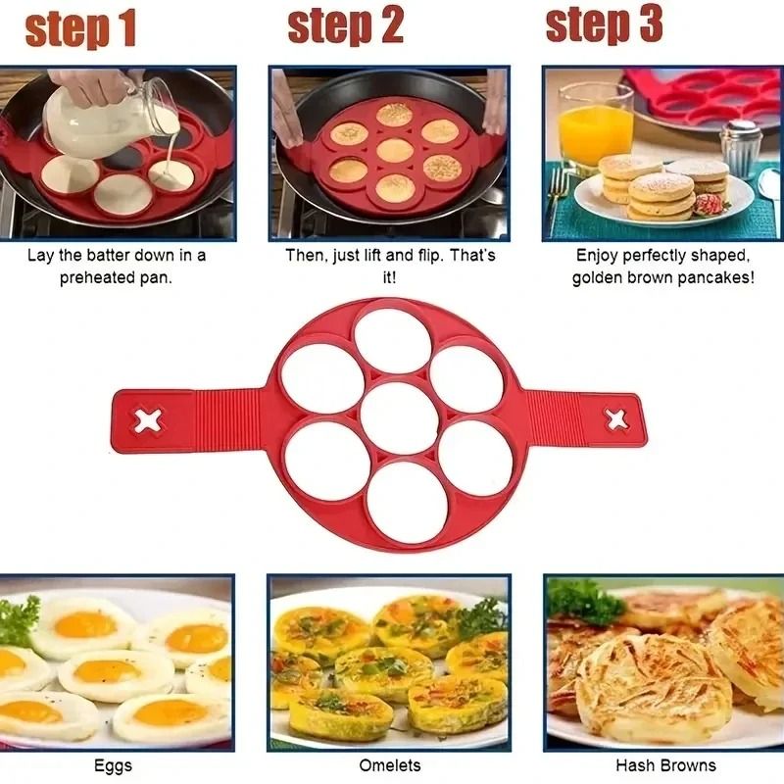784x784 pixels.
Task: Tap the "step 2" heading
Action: pos(345,27)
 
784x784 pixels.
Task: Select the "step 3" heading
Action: pos(605,25)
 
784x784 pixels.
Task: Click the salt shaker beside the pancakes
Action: pos(741,148)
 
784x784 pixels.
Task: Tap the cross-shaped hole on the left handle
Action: pos(149,421)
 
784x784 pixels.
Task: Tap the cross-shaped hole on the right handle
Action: pos(616,419)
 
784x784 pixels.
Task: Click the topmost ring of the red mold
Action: pos(392,340)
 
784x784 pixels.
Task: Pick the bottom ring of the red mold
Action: pos(410,501)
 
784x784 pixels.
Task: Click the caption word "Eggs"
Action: pos(113,765)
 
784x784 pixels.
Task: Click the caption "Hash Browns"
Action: pos(665,765)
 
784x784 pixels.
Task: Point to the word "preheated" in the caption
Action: pos(103,277)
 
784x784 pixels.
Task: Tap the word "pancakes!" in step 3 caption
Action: pos(721,277)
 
